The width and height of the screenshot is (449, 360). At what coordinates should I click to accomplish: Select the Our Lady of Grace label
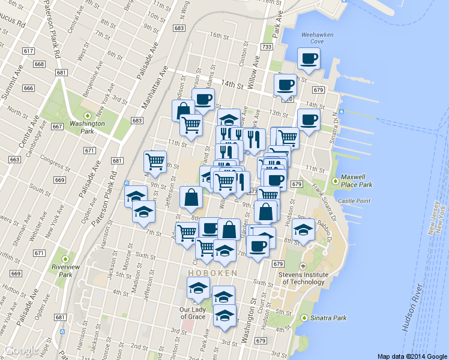point(193,313)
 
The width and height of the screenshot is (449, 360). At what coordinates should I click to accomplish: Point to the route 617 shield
point(28,50)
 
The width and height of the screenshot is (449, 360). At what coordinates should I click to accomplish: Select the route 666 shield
point(28,88)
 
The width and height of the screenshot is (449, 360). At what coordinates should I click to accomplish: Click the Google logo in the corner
point(22,350)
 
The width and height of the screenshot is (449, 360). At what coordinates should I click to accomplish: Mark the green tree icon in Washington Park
point(88,115)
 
